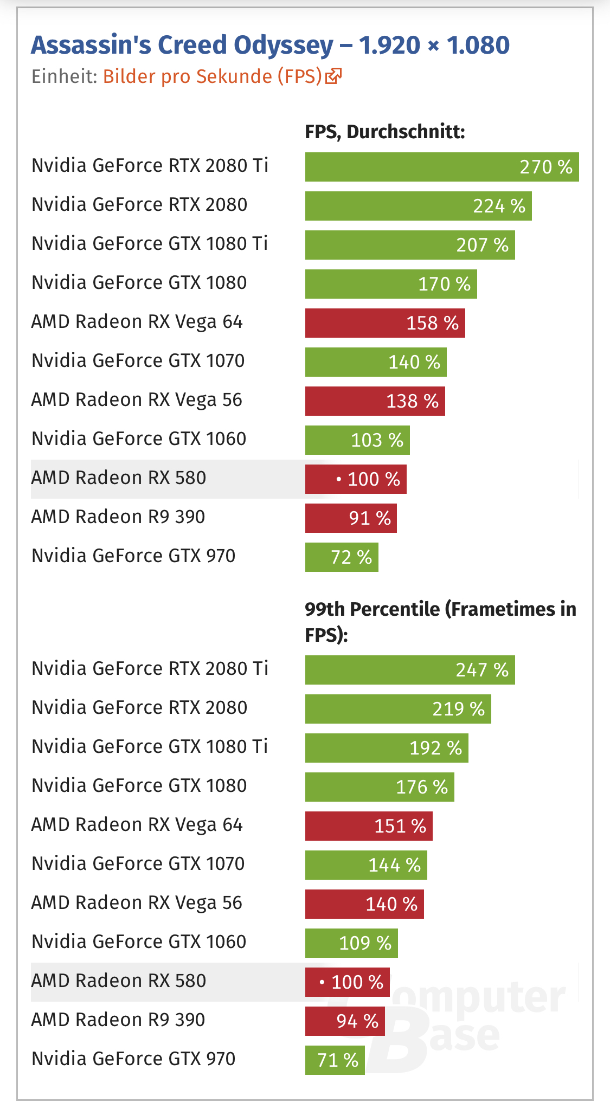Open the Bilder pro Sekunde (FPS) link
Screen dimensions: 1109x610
tap(213, 76)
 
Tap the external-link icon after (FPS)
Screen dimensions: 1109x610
tap(333, 76)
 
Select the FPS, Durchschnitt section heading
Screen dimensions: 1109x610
tap(385, 132)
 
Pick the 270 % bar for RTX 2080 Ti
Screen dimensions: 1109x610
tap(441, 167)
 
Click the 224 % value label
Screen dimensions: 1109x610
tap(499, 206)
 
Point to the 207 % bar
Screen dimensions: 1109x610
tap(409, 245)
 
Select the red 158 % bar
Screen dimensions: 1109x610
tap(384, 323)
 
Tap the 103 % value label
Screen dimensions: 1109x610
tap(377, 440)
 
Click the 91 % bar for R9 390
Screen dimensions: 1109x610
tap(350, 518)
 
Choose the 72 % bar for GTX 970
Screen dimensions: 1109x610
tap(341, 557)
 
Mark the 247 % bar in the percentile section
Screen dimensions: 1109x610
tap(409, 670)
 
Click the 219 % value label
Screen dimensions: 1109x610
tap(458, 709)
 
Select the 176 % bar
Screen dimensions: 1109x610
tap(379, 787)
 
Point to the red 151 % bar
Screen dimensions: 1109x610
tap(368, 826)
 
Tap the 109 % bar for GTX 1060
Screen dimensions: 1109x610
tap(351, 943)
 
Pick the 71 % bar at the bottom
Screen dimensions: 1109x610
tap(335, 1060)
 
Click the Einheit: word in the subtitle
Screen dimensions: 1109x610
tap(64, 76)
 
